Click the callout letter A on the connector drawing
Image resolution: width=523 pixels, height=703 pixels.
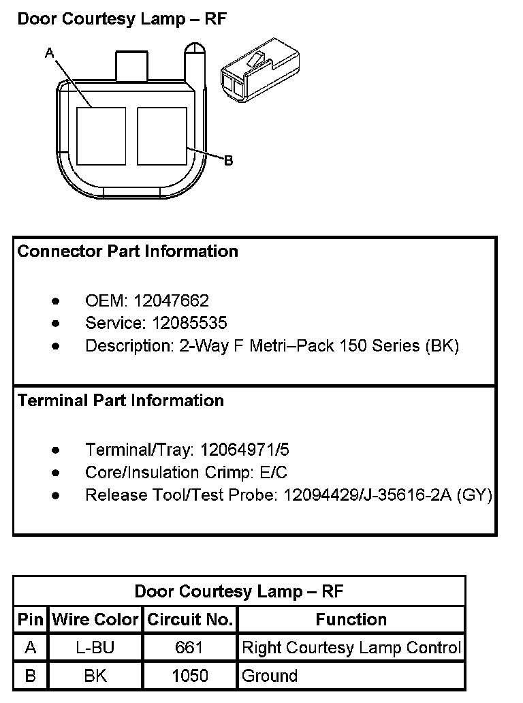pyautogui.click(x=48, y=52)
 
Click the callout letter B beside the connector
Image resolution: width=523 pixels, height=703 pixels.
pyautogui.click(x=229, y=160)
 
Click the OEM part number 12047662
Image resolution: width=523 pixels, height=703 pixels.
pyautogui.click(x=172, y=300)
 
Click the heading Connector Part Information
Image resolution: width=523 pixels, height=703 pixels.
pyautogui.click(x=128, y=251)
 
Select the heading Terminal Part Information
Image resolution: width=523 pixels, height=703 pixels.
pyautogui.click(x=121, y=400)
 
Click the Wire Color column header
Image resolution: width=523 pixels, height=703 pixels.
pyautogui.click(x=95, y=620)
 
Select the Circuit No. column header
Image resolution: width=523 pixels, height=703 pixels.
pyautogui.click(x=190, y=620)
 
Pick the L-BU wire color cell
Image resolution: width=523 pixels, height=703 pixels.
pyautogui.click(x=95, y=648)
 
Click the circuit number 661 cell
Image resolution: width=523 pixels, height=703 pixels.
pyautogui.click(x=189, y=648)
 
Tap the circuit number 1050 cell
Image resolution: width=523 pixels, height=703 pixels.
pyautogui.click(x=189, y=676)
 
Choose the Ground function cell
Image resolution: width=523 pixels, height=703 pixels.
pyautogui.click(x=270, y=676)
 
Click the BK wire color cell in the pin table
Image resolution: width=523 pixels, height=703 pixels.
pyautogui.click(x=95, y=676)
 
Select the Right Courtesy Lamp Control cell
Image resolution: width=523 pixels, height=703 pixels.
pyautogui.click(x=351, y=648)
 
